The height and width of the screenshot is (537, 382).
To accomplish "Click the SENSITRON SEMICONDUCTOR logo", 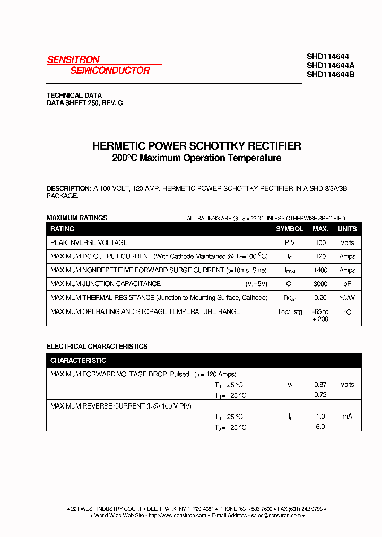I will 99,65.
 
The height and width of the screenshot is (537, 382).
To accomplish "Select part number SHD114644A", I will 331,65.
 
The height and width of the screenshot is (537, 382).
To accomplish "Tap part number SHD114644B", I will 331,75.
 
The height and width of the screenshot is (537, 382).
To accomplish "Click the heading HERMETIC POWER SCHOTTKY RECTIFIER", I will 196,145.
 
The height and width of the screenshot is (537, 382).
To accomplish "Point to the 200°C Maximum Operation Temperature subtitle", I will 196,158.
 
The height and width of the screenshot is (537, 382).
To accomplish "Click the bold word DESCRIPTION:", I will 69,188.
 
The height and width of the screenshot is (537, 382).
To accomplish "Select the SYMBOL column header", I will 290,229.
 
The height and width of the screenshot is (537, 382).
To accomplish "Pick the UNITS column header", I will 348,229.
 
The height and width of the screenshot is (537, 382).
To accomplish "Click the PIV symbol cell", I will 290,242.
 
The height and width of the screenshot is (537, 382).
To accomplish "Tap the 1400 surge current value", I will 320,270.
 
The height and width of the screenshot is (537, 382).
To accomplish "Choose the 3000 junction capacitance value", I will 320,284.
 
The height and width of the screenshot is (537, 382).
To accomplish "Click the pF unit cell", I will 348,284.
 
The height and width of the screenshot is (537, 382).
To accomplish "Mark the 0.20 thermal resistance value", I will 320,298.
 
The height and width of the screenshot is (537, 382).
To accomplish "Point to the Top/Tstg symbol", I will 290,312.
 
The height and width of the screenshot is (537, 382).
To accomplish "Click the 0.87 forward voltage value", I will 320,384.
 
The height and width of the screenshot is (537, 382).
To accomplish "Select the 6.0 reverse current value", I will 320,427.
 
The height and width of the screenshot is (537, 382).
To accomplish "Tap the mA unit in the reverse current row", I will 348,417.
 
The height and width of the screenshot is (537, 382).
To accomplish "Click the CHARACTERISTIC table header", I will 78,360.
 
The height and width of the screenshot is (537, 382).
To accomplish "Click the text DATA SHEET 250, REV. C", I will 85,103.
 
